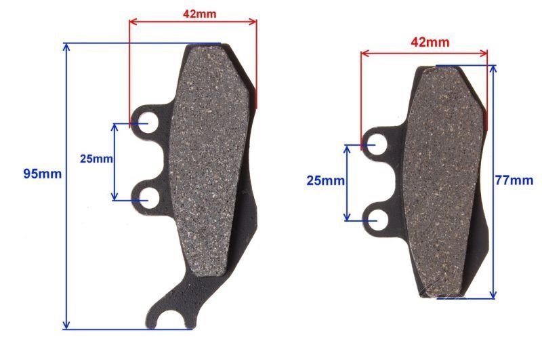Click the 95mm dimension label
click(x=42, y=174)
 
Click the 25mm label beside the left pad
click(x=96, y=159)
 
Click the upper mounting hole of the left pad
click(x=145, y=123)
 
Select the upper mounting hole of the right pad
click(x=375, y=143)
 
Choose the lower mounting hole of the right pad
click(x=375, y=218)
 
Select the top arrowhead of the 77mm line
click(x=493, y=69)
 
